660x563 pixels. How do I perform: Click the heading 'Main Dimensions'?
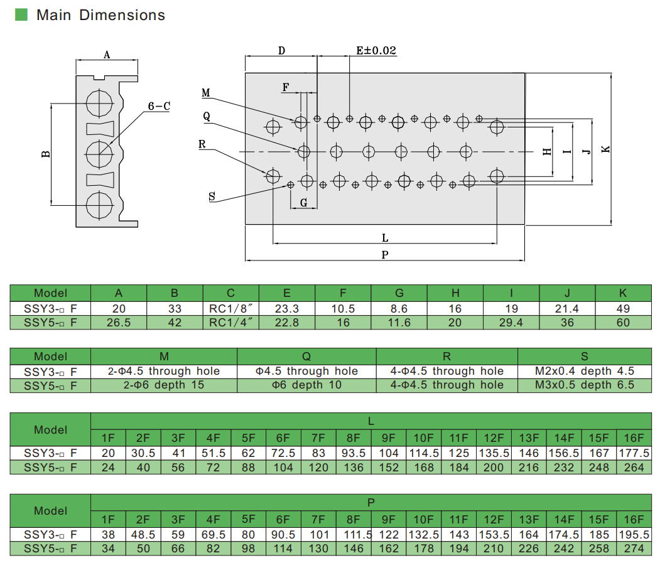100,15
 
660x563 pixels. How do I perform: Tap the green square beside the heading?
21,15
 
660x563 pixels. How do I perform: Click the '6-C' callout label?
159,107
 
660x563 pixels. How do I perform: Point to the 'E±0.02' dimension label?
376,51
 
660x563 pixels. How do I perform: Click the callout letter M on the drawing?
205,94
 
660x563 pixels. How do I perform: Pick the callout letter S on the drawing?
212,197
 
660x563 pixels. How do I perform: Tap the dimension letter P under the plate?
385,254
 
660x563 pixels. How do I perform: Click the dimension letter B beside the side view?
46,154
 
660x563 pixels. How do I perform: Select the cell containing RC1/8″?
230,308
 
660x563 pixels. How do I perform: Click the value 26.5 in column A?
119,323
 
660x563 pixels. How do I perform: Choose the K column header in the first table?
623,293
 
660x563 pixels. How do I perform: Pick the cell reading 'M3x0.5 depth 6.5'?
584,385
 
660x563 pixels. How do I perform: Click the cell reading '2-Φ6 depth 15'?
164,385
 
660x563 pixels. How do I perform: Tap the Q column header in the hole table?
306,357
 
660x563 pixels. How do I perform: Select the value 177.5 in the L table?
634,453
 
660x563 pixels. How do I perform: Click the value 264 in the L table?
634,467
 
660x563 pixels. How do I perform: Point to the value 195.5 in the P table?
634,534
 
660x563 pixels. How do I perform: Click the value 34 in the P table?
109,548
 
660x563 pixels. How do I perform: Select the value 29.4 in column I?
511,323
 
